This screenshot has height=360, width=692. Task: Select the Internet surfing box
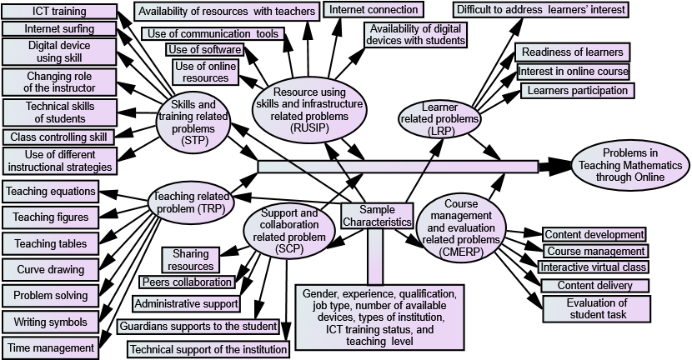pos(59,29)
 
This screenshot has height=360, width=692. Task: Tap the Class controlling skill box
pos(58,137)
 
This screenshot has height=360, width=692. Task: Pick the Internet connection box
pos(374,10)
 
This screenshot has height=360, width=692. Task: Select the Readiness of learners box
pos(572,52)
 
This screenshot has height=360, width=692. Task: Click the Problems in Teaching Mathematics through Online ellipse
pos(629,165)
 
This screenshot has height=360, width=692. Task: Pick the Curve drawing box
pos(51,270)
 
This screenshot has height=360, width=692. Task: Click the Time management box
pos(51,347)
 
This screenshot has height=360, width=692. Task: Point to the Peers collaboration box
pos(181,282)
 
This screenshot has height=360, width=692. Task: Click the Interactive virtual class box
pos(593,267)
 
